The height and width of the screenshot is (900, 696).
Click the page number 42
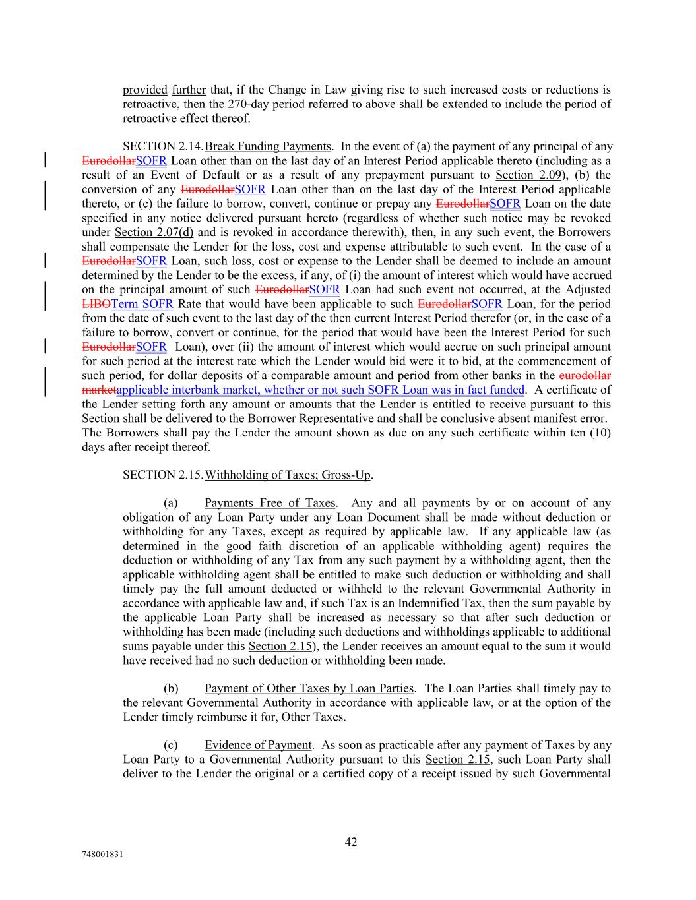pyautogui.click(x=351, y=842)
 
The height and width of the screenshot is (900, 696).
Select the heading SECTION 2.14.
pyautogui.click(x=163, y=146)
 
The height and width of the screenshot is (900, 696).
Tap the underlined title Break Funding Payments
pyautogui.click(x=268, y=146)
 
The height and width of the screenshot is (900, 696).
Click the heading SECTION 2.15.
pyautogui.click(x=163, y=475)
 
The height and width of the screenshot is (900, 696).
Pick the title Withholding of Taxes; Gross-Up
pyautogui.click(x=288, y=475)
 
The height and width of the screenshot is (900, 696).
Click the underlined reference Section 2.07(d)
pyautogui.click(x=154, y=232)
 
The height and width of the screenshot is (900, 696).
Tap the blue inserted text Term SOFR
pyautogui.click(x=142, y=304)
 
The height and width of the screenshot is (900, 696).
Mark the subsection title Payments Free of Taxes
pyautogui.click(x=270, y=504)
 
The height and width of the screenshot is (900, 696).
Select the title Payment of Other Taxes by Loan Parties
pyautogui.click(x=309, y=689)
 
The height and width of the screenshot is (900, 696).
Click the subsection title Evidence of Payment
pyautogui.click(x=258, y=745)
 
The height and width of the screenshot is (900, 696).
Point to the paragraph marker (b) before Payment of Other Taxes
pyautogui.click(x=171, y=689)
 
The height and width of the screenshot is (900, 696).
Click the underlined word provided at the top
pyautogui.click(x=144, y=90)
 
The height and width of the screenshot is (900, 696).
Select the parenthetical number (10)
pyautogui.click(x=599, y=433)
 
